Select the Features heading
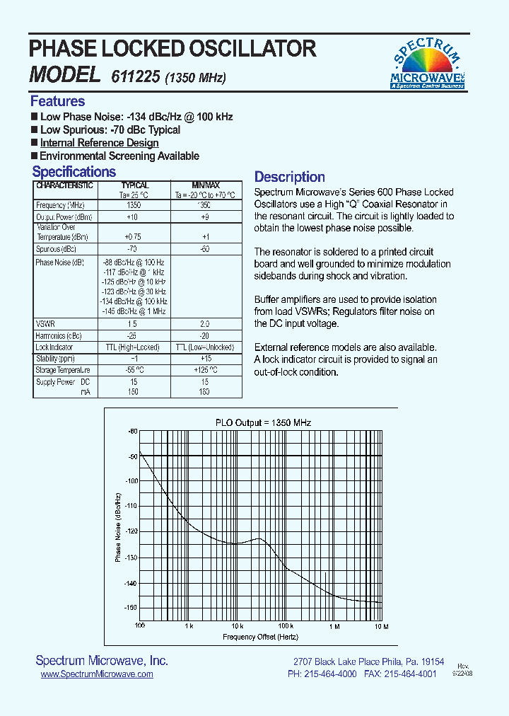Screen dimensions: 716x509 pos(57,101)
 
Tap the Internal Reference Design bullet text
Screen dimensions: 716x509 pos(99,143)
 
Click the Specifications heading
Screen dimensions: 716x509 pos(74,172)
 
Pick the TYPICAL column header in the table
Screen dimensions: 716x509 pos(134,185)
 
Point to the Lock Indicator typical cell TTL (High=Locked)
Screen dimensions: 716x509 pos(134,347)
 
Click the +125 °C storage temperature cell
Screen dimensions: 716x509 pos(206,370)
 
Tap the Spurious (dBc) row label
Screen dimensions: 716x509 pos(56,250)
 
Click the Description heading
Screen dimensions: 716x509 pos(289,177)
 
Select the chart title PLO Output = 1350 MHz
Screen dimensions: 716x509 pos(263,422)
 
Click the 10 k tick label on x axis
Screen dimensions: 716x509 pos(237,626)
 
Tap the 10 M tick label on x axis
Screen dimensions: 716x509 pos(381,626)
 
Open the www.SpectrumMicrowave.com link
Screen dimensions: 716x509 pos(97,675)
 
